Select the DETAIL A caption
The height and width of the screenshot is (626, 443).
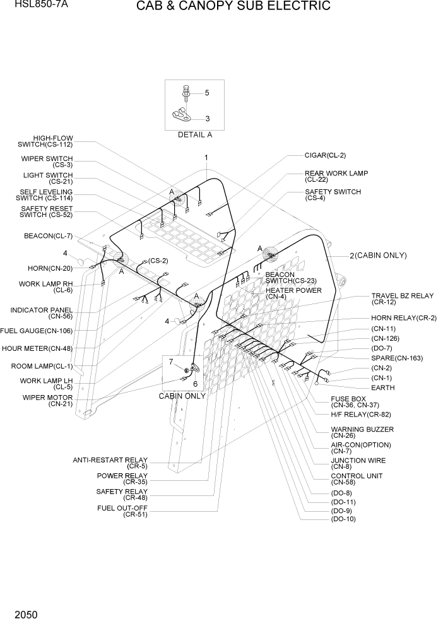coord(194,134)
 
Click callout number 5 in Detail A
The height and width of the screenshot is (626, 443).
coord(206,93)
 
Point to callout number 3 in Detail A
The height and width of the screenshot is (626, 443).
coord(207,118)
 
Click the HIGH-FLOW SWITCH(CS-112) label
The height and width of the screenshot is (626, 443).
coord(53,141)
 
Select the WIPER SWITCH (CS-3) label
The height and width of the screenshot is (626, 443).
coord(56,162)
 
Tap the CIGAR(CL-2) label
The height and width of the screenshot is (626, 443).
coord(325,155)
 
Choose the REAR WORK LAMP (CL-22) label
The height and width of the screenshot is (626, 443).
coord(336,176)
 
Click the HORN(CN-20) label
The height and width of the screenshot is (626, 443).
coord(50,268)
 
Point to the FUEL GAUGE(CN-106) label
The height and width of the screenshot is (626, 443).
coord(36,331)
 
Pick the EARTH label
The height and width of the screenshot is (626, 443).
coord(382,388)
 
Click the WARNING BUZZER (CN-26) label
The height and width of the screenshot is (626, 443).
coord(362,432)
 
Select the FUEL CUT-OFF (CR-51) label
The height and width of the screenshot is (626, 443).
coord(122,511)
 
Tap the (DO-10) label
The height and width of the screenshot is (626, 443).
coord(343,519)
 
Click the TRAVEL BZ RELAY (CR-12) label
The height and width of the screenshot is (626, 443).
coord(402,298)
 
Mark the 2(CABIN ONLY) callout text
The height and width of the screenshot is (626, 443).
coord(379,256)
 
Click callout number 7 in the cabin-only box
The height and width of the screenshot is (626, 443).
coord(170,361)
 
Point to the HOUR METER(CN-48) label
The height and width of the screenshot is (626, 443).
coord(37,348)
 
